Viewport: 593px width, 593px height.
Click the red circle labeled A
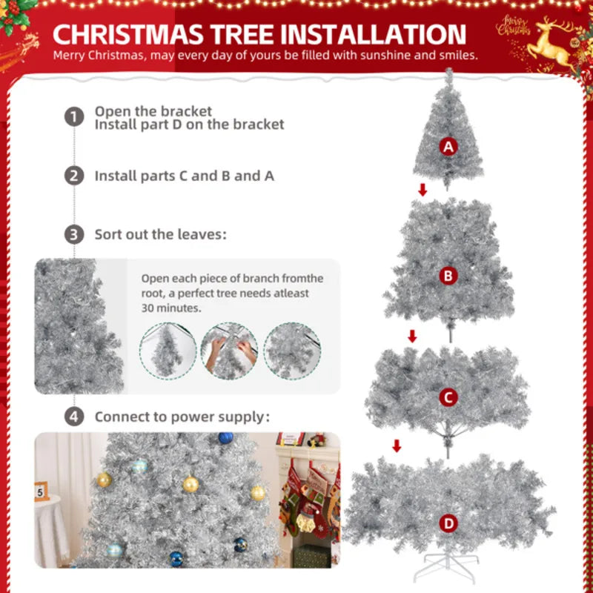(447, 147)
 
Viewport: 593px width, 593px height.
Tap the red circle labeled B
(447, 276)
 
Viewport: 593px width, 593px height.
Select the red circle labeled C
(447, 398)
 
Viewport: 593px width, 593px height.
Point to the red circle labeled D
(447, 524)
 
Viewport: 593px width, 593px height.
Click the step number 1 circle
(73, 117)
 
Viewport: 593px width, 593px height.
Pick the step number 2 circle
(73, 176)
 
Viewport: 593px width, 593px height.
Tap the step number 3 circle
(73, 235)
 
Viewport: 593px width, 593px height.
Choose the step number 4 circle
(73, 417)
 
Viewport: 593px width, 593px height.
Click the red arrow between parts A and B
(423, 191)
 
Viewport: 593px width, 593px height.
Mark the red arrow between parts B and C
(412, 337)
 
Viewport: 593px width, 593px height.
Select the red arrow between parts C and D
(397, 445)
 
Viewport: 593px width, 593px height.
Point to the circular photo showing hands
(229, 351)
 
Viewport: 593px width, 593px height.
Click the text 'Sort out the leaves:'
(160, 235)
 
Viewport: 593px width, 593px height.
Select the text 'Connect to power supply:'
(182, 417)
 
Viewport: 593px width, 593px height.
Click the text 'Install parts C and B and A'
(184, 176)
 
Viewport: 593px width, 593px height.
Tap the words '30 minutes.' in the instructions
(171, 308)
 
